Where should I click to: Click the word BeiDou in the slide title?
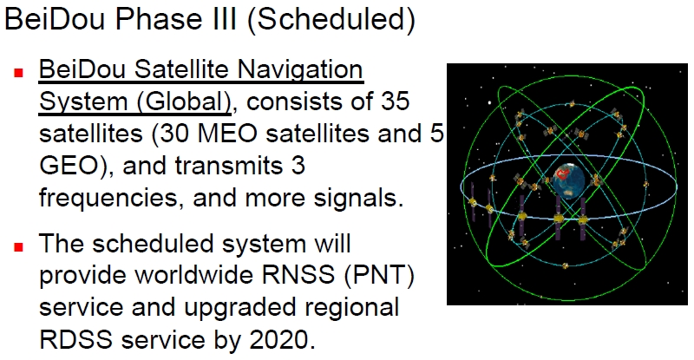pyautogui.click(x=56, y=18)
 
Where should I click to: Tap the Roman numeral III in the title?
pyautogui.click(x=227, y=18)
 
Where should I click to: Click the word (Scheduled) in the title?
pyautogui.click(x=331, y=20)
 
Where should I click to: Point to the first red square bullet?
pyautogui.click(x=18, y=73)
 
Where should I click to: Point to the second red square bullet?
pyautogui.click(x=18, y=246)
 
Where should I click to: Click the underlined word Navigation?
pyautogui.click(x=300, y=71)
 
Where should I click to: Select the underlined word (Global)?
pyautogui.click(x=184, y=102)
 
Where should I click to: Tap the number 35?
pyautogui.click(x=395, y=101)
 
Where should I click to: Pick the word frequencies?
pyautogui.click(x=108, y=198)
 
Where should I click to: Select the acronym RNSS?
pyautogui.click(x=298, y=274)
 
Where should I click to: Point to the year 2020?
pyautogui.click(x=283, y=339)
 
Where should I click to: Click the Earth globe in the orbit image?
pyautogui.click(x=568, y=180)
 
